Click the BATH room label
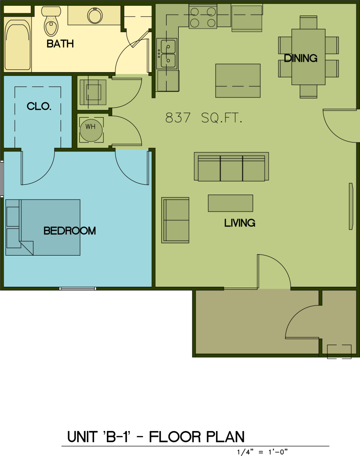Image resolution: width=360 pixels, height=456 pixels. click(60, 44)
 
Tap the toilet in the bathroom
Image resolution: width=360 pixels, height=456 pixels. click(51, 21)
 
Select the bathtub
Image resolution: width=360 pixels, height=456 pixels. click(17, 45)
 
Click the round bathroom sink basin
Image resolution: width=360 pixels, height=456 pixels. click(95, 16)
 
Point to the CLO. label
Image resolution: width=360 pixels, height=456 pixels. click(39, 106)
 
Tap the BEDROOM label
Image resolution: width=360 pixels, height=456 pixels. click(70, 231)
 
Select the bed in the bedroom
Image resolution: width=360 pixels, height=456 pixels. click(43, 228)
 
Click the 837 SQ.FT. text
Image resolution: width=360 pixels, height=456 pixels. click(204, 118)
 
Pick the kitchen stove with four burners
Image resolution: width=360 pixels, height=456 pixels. click(203, 17)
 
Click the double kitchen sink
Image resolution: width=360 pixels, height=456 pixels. click(167, 54)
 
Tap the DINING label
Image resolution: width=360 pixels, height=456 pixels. click(301, 58)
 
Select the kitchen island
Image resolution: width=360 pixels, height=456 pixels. click(238, 81)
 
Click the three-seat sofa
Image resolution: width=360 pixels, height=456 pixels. click(231, 167)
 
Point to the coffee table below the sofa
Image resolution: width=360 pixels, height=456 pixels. click(230, 203)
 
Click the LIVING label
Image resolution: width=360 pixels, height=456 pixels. click(240, 223)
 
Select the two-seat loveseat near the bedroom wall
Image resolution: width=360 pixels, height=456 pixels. click(176, 220)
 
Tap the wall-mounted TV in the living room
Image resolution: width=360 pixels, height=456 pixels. click(351, 206)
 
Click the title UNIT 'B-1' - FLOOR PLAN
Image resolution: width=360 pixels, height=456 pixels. click(156, 437)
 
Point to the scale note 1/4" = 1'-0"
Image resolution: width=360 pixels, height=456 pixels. click(262, 452)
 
